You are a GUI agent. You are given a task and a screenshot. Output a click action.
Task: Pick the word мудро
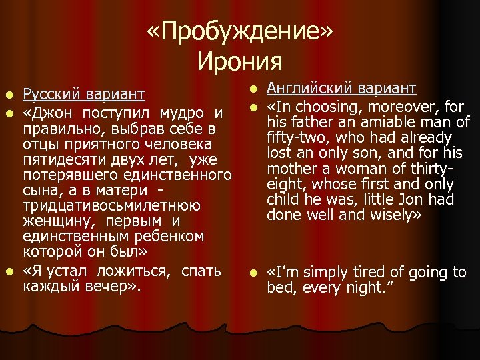click(x=181, y=111)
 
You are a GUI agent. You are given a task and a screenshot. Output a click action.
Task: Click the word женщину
click(x=53, y=221)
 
